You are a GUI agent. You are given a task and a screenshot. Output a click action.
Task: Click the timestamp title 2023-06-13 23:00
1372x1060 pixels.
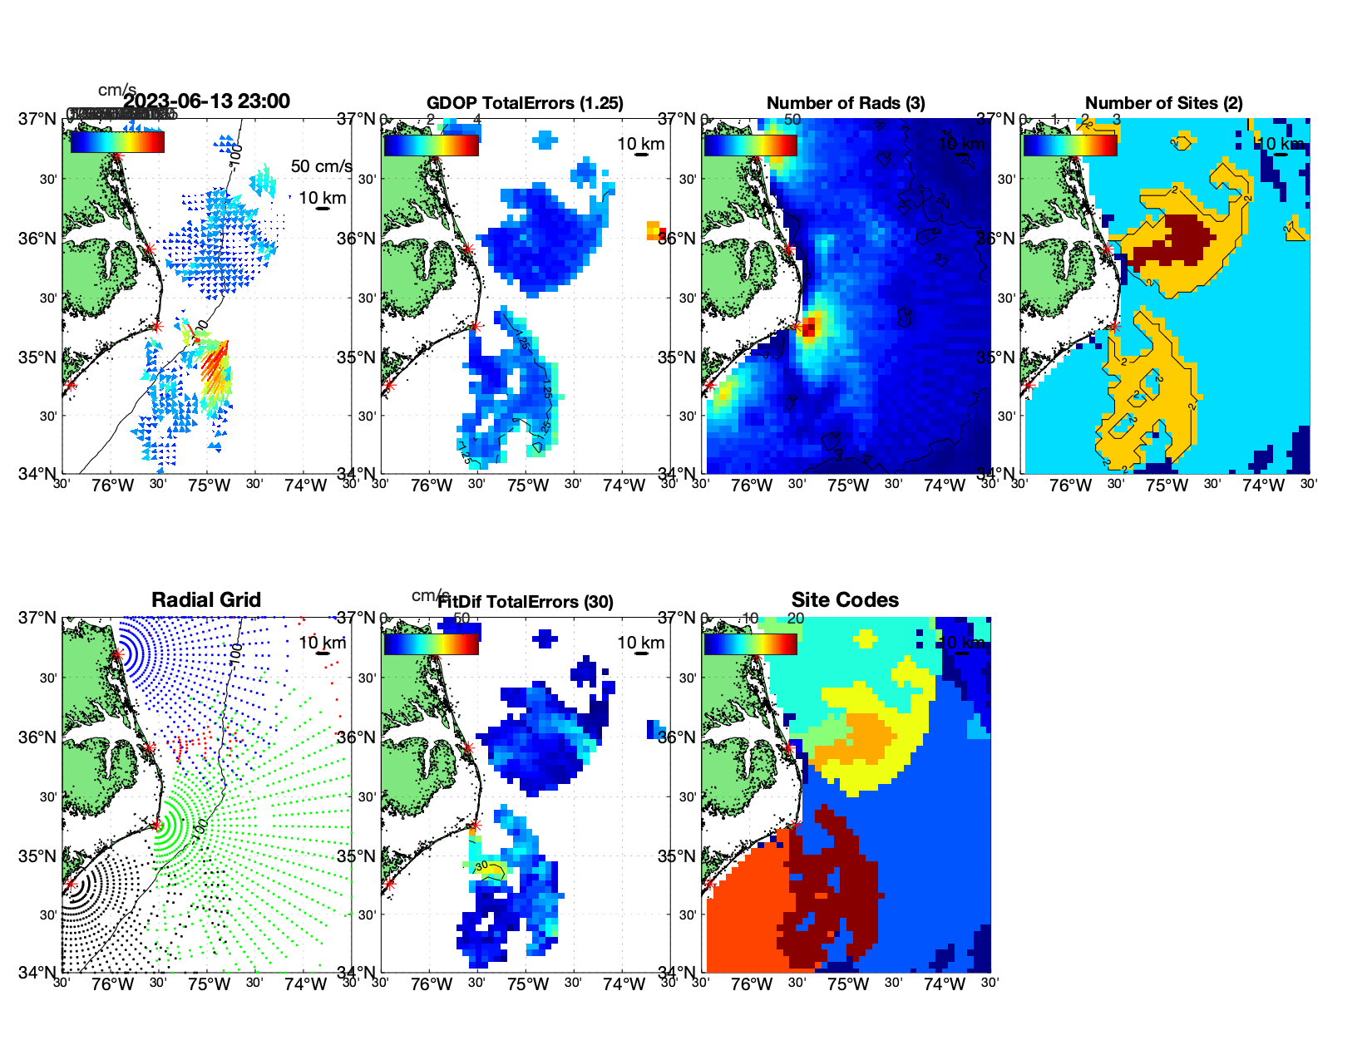pyautogui.click(x=206, y=101)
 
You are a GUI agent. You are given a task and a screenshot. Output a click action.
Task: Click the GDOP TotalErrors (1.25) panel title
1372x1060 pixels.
pyautogui.click(x=525, y=103)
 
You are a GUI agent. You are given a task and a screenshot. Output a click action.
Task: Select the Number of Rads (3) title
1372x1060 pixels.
pyautogui.click(x=846, y=103)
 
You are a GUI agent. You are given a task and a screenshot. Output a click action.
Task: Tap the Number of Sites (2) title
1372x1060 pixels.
pyautogui.click(x=1164, y=103)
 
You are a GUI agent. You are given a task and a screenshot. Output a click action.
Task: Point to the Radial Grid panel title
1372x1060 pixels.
pyautogui.click(x=206, y=600)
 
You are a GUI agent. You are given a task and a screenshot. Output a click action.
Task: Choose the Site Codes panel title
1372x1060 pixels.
pyautogui.click(x=845, y=600)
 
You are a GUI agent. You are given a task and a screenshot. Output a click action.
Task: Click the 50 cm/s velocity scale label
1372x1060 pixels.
pyautogui.click(x=321, y=166)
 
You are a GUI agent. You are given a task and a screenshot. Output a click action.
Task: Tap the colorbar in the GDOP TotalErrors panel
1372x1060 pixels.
pyautogui.click(x=431, y=145)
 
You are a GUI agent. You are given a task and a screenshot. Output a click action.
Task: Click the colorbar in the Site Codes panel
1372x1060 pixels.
pyautogui.click(x=750, y=643)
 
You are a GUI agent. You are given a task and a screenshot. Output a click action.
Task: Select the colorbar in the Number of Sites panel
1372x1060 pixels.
pyautogui.click(x=1069, y=145)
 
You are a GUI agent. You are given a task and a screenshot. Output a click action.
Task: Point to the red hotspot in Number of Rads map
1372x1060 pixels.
pyautogui.click(x=808, y=327)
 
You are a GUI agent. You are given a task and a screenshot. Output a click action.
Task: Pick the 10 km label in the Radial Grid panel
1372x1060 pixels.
pyautogui.click(x=322, y=643)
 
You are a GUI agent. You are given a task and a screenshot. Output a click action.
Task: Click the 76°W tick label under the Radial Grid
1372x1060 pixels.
pyautogui.click(x=112, y=985)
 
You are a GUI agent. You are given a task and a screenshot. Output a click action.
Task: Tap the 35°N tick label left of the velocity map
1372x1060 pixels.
pyautogui.click(x=37, y=358)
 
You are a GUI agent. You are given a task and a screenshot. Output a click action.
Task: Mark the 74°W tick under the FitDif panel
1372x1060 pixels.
pyautogui.click(x=624, y=985)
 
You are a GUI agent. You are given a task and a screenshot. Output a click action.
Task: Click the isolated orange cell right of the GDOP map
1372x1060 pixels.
pyautogui.click(x=653, y=230)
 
